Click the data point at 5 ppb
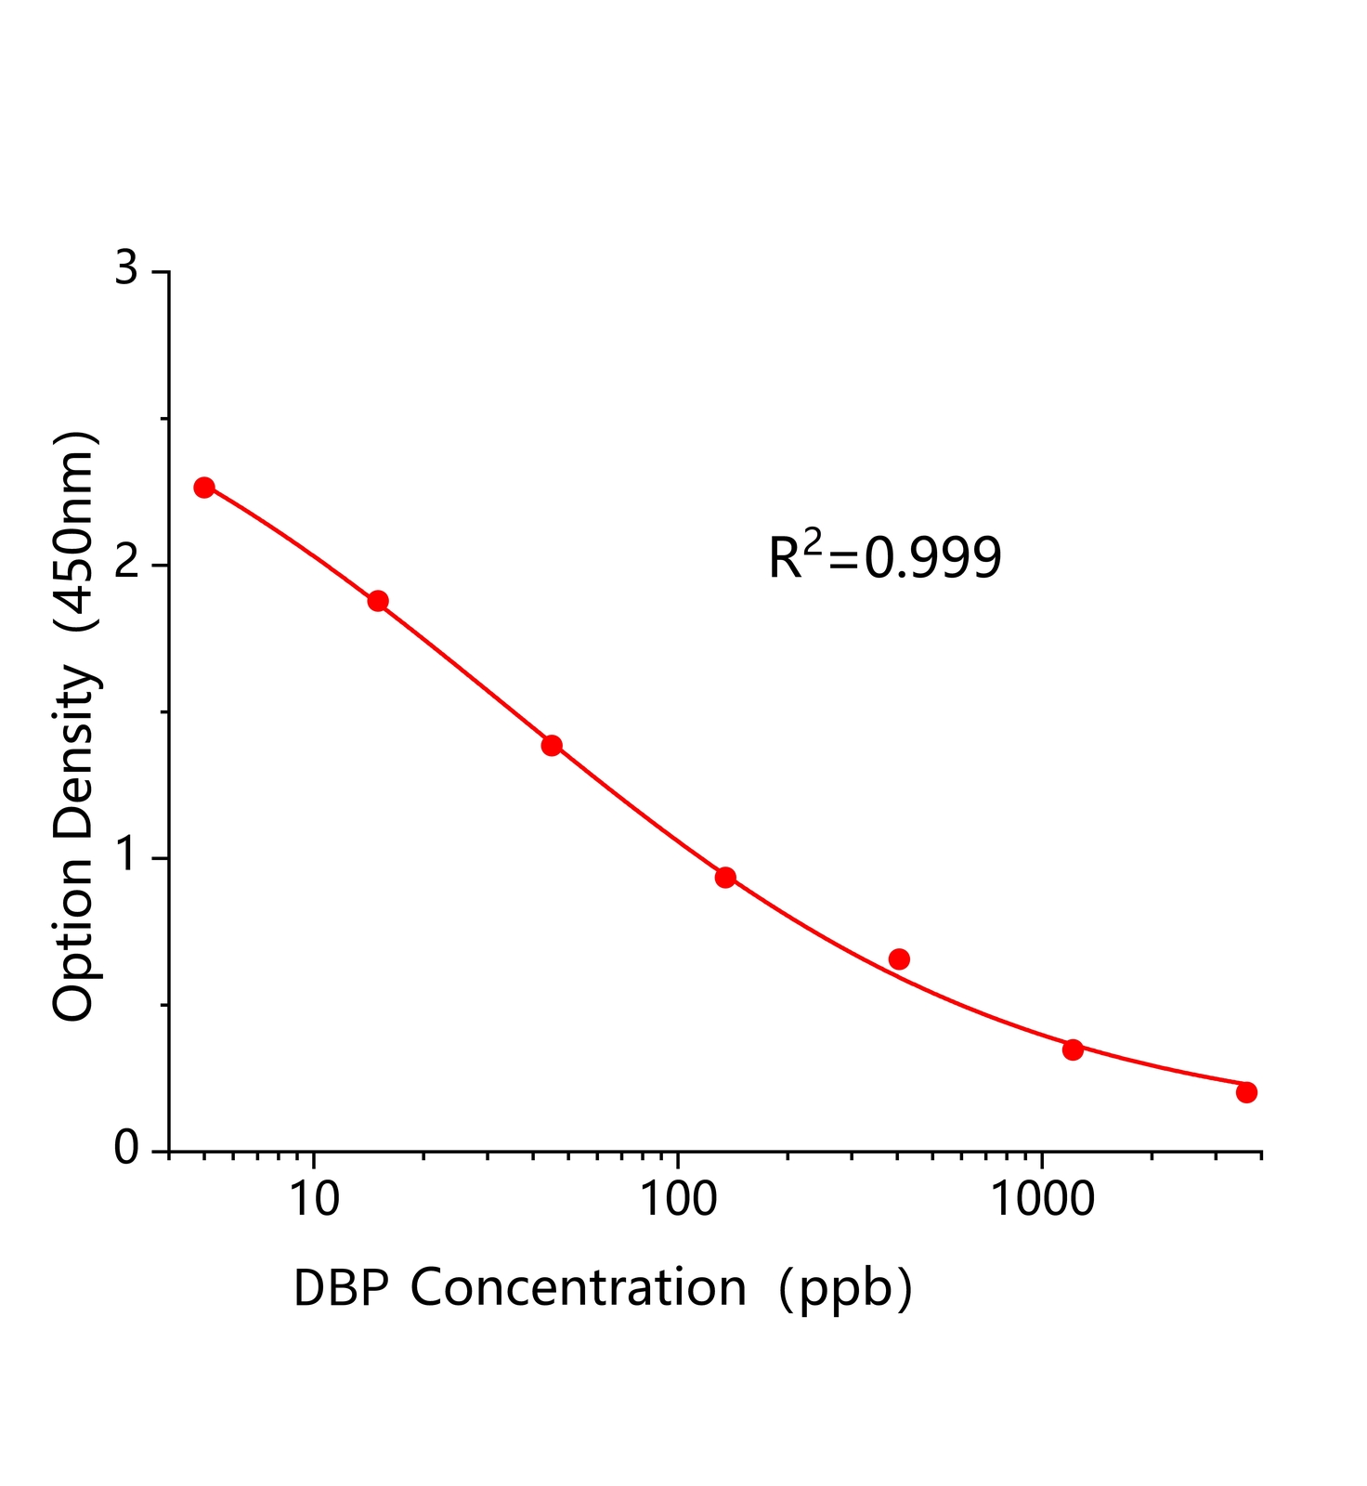coord(204,488)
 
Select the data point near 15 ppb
coord(378,601)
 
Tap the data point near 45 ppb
coord(552,745)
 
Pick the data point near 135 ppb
coord(725,877)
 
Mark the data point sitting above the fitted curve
coord(899,958)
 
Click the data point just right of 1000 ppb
coord(1073,1049)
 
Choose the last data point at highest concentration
coord(1246,1092)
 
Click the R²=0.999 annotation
coord(885,558)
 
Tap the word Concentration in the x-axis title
coord(578,1288)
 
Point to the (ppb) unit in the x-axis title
coord(845,1289)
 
